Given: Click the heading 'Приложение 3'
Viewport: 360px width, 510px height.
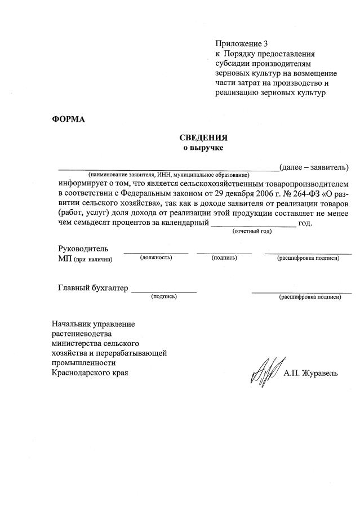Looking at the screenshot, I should (238, 43).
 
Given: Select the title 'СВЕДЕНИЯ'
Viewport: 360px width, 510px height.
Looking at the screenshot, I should (203, 138).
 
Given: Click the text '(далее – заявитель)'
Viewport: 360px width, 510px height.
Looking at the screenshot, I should (314, 167).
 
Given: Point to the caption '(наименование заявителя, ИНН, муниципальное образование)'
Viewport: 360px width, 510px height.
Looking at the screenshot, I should (168, 176).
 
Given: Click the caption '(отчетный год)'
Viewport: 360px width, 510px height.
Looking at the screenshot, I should (252, 231).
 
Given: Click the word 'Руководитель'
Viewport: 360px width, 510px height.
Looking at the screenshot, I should (83, 249).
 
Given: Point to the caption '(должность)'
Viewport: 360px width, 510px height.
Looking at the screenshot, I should (155, 258).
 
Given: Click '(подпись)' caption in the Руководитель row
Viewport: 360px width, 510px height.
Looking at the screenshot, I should (224, 258).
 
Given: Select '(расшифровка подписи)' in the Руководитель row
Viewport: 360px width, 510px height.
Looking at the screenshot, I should (308, 258).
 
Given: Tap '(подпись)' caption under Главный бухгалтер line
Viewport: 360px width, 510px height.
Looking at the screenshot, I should (164, 296).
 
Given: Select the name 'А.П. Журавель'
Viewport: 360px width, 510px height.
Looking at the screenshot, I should (311, 373).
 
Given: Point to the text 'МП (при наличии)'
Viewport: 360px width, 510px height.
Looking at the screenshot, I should (85, 259).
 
